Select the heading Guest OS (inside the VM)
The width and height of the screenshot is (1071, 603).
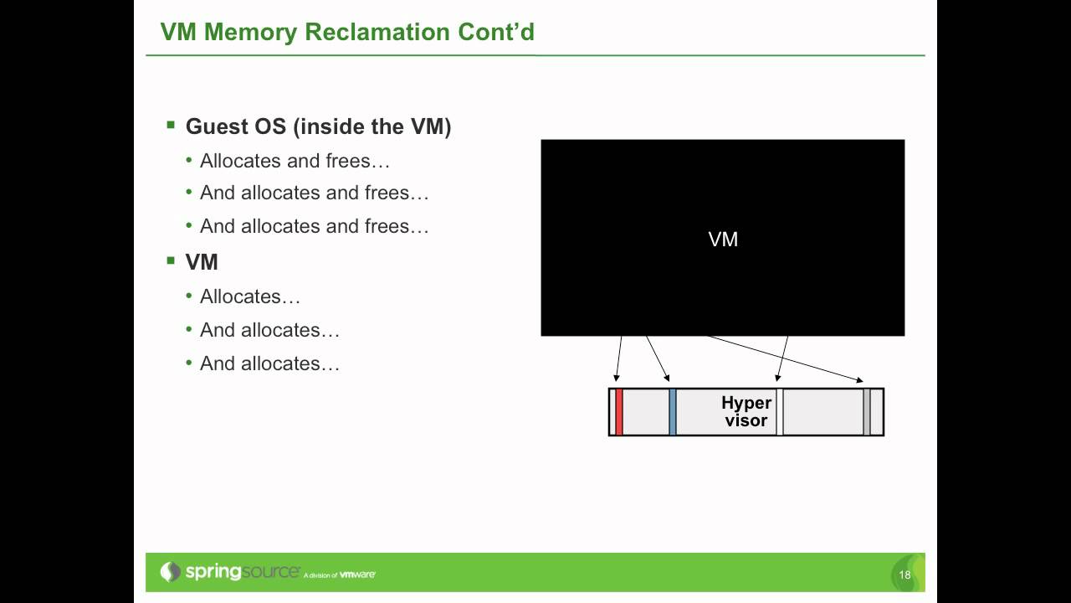318,126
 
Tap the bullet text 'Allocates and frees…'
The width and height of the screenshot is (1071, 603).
295,160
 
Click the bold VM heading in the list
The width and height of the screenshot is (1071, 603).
202,262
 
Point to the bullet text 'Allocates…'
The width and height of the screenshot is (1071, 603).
249,296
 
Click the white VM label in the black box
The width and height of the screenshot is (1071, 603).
723,240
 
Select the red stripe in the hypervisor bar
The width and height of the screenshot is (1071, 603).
619,412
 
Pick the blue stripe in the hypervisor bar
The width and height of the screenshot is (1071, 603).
673,412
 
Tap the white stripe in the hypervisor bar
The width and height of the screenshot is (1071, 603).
780,412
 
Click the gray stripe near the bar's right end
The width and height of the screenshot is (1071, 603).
867,412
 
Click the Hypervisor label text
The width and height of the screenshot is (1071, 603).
746,411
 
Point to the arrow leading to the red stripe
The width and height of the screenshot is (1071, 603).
618,360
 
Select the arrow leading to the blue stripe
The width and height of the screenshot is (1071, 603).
658,358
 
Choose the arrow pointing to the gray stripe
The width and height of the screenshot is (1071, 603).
787,359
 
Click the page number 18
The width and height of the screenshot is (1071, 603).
904,575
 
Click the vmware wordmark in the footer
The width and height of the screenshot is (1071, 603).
357,575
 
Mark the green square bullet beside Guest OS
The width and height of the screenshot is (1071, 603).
171,126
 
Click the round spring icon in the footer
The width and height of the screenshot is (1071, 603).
171,572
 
